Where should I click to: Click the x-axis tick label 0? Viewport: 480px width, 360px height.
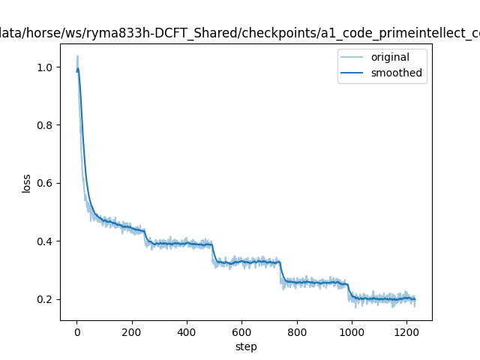[x=76, y=332]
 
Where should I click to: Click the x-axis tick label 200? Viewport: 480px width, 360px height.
[x=132, y=332]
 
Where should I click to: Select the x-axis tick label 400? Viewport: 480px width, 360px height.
[x=187, y=332]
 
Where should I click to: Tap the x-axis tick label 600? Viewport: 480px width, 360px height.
[x=241, y=332]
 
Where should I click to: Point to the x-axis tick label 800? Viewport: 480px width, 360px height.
[x=297, y=332]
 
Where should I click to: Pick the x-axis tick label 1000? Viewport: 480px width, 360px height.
[x=352, y=332]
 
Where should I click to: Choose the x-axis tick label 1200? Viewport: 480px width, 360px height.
[x=406, y=332]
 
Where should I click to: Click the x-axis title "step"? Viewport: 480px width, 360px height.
[x=246, y=346]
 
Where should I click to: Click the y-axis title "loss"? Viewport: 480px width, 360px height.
[x=26, y=183]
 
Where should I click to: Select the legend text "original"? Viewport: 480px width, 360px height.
[x=390, y=58]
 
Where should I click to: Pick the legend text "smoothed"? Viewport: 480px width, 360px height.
[x=396, y=73]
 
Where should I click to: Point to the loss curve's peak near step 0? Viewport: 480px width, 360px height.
[x=77, y=56]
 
